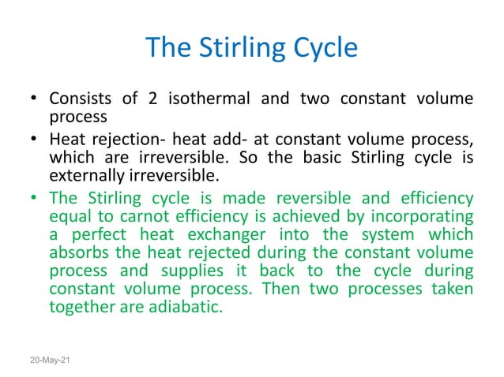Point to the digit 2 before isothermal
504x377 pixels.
(152, 99)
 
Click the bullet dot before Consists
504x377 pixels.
(35, 100)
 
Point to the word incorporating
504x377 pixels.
(423, 216)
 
